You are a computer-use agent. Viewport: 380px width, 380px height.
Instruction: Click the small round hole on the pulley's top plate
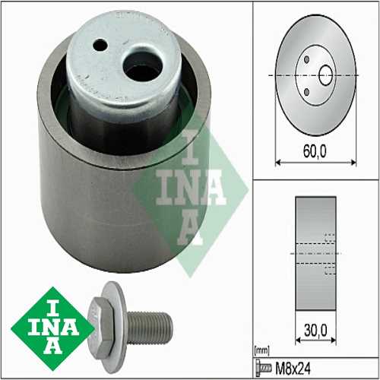click(x=99, y=45)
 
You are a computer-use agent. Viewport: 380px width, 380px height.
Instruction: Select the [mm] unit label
click(x=261, y=350)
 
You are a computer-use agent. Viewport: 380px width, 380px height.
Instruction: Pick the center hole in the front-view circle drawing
click(x=325, y=75)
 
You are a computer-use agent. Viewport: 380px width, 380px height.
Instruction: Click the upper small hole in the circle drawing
click(x=306, y=59)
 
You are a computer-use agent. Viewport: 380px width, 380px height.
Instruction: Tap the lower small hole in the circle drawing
click(x=306, y=92)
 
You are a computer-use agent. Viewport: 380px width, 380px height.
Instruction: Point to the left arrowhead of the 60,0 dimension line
click(x=276, y=161)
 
